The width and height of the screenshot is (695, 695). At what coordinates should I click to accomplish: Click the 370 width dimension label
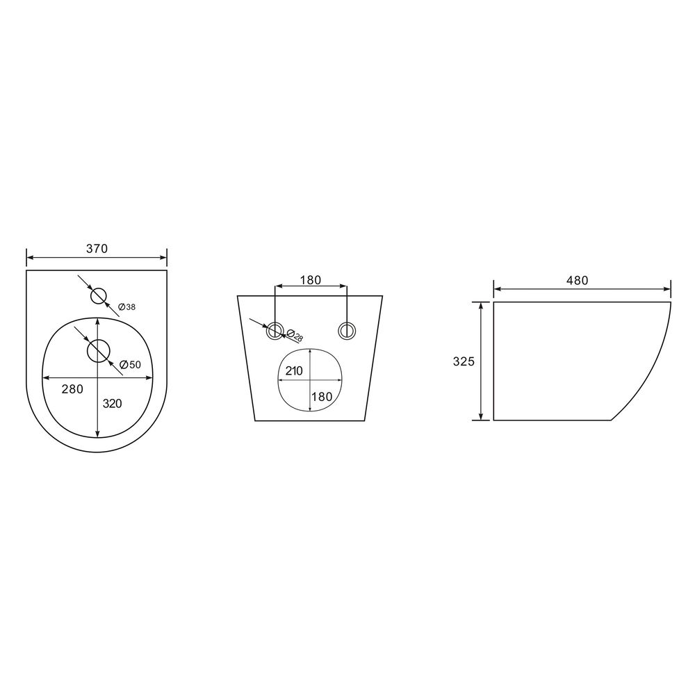click(97, 249)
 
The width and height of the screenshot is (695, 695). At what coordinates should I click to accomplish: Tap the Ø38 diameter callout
click(126, 306)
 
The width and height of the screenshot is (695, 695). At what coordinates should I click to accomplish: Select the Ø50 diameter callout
click(131, 364)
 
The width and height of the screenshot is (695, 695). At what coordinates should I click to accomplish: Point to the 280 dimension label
click(72, 389)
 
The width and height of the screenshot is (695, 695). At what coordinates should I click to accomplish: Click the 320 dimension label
click(112, 403)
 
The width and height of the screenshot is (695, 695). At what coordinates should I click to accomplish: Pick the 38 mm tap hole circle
click(99, 296)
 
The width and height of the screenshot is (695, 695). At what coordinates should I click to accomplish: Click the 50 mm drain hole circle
click(99, 351)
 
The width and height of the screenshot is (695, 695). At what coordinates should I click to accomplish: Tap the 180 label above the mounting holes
click(310, 280)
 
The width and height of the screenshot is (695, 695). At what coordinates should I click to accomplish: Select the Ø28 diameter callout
click(295, 336)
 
